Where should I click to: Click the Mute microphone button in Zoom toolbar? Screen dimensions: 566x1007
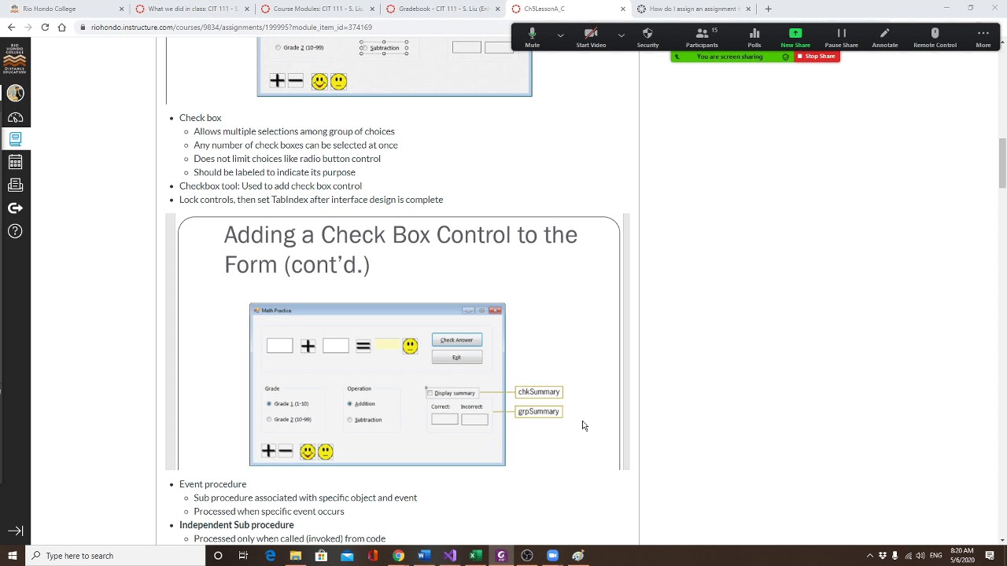pyautogui.click(x=533, y=36)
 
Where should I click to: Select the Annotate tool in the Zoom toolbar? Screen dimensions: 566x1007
pyautogui.click(x=884, y=36)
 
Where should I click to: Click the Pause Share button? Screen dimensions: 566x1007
pyautogui.click(x=841, y=36)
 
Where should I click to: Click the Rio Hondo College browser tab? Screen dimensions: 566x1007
pyautogui.click(x=63, y=9)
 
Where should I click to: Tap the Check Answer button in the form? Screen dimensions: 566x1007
pyautogui.click(x=456, y=340)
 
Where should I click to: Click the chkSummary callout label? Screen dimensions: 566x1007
pyautogui.click(x=539, y=391)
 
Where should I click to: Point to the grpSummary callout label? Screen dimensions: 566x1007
pyautogui.click(x=539, y=411)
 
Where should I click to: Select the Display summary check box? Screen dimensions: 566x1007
pyautogui.click(x=430, y=393)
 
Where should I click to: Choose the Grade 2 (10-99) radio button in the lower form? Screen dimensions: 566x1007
pyautogui.click(x=269, y=420)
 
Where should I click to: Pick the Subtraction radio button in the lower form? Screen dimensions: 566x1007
pyautogui.click(x=350, y=420)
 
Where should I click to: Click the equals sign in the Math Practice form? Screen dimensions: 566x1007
pyautogui.click(x=363, y=346)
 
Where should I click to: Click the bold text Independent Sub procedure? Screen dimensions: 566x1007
pyautogui.click(x=236, y=525)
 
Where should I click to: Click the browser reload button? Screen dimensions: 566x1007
pyautogui.click(x=45, y=27)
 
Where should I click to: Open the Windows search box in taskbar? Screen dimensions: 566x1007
pyautogui.click(x=118, y=556)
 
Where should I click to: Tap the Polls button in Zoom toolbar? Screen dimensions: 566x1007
pyautogui.click(x=754, y=36)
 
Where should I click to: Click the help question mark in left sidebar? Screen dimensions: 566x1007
pyautogui.click(x=15, y=231)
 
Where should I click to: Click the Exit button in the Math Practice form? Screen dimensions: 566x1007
pyautogui.click(x=456, y=358)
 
